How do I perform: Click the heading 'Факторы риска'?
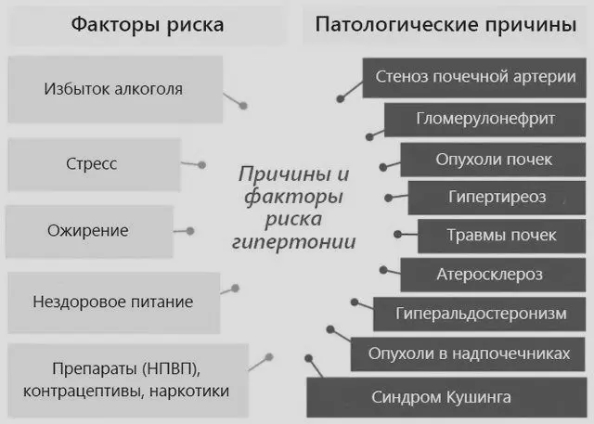coord(148,24)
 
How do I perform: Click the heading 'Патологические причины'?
coord(445,24)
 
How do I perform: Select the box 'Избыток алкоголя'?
coord(113,90)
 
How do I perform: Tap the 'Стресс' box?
coord(91,164)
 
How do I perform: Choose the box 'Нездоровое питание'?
coord(112,302)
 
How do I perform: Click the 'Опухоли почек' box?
coord(494,159)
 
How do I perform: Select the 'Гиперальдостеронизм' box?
coord(480,314)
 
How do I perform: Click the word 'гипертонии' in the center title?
coord(292,242)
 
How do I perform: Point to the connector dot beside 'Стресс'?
coord(200,164)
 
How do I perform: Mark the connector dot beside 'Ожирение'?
coord(189,230)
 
